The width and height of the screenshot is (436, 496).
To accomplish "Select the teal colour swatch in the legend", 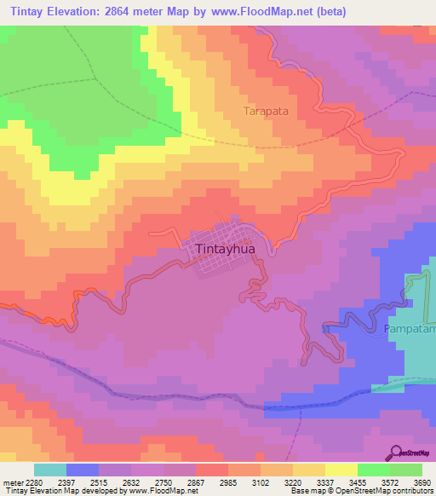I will (x=50, y=470).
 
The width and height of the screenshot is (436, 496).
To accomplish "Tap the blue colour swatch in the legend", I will (x=83, y=470).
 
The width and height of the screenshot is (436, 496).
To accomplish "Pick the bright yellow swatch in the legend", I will (x=341, y=470).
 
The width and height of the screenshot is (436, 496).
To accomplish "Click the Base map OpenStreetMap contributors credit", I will (x=361, y=491).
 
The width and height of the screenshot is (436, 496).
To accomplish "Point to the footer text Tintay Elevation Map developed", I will (x=94, y=491).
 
